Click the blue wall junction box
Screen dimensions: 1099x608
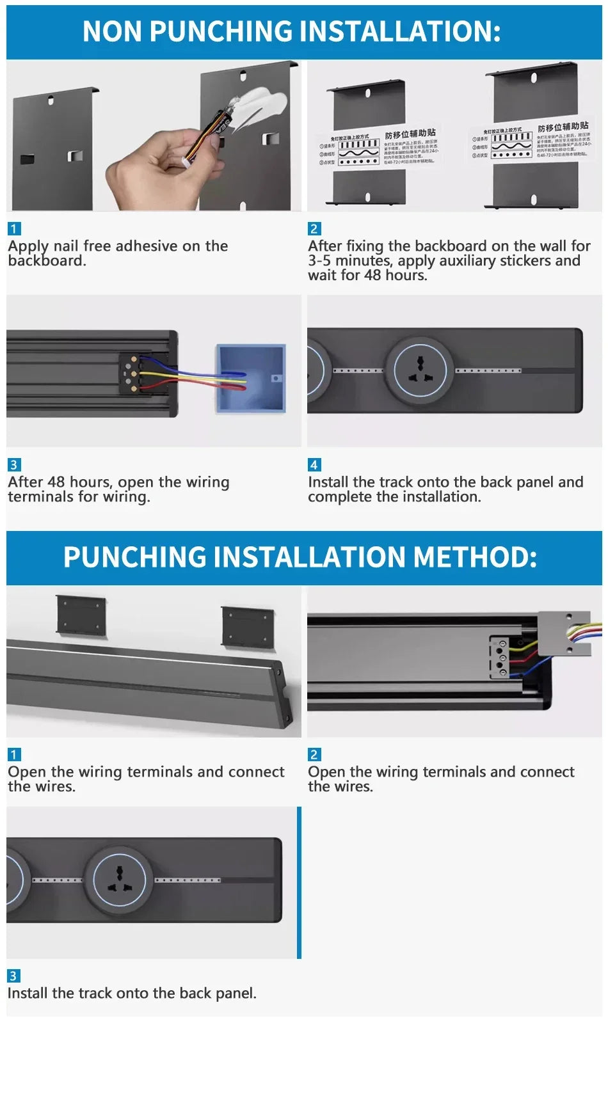pos(250,378)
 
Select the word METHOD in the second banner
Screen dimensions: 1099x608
pos(474,557)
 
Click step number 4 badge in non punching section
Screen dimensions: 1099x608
pos(314,465)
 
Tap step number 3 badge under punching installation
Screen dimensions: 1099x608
pos(13,976)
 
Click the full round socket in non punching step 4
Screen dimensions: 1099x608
pos(419,370)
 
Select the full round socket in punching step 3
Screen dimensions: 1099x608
pos(119,880)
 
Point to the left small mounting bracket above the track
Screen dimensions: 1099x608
pos(81,615)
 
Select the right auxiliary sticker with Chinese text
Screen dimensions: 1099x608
pos(531,141)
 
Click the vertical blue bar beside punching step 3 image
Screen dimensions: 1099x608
pos(299,882)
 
